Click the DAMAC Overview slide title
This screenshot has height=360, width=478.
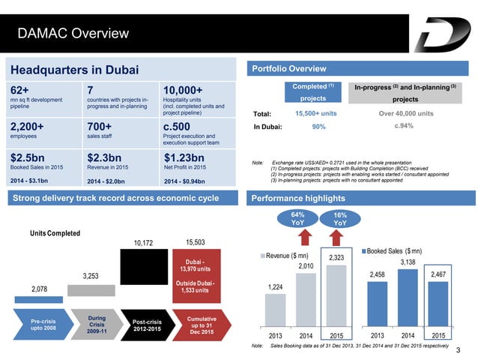pos(73,33)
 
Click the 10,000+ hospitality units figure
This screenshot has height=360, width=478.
pos(183,91)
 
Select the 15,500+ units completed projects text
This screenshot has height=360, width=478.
pos(315,113)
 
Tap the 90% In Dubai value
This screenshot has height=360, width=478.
pos(318,127)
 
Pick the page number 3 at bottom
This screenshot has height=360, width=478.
pos(456,350)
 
